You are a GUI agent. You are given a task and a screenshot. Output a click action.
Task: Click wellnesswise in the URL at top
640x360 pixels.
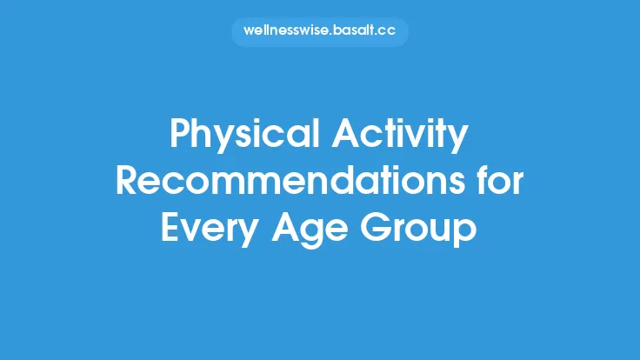click(x=284, y=32)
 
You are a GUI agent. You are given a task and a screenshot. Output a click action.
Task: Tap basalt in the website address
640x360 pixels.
click(x=354, y=32)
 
